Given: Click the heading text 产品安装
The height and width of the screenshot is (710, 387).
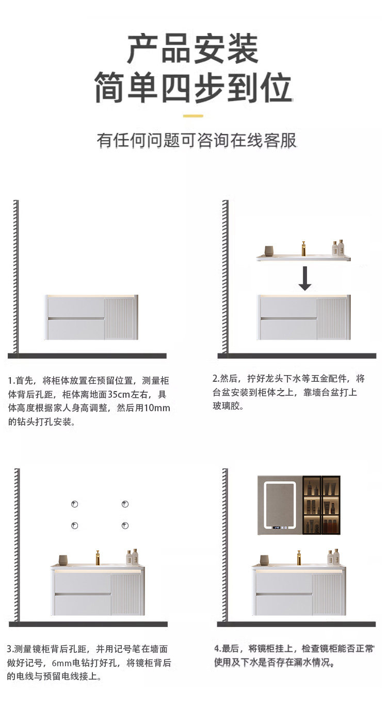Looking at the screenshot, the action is tap(193, 49).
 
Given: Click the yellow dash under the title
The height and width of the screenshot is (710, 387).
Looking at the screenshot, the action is tap(193, 116).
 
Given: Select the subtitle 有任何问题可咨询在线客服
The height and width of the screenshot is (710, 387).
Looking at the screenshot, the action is tap(197, 141).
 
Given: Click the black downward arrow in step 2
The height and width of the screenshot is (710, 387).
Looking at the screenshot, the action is tap(305, 278).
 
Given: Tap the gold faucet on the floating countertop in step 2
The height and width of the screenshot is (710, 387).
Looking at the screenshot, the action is tap(303, 248).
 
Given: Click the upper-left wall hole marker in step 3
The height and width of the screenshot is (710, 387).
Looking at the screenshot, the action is tap(75, 504).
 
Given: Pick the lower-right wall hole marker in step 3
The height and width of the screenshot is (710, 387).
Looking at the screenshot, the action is tap(125, 526).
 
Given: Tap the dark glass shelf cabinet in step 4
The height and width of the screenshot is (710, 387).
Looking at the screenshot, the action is tap(321, 505).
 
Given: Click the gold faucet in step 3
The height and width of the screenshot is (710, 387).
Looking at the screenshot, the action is tap(98, 557).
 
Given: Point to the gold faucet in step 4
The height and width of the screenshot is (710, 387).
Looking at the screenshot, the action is tap(299, 557).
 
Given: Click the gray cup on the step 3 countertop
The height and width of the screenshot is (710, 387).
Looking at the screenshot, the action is tap(63, 560).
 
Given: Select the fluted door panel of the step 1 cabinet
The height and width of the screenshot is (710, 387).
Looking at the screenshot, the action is tap(120, 318).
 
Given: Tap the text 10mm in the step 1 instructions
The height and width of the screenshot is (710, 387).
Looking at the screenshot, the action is tap(158, 409).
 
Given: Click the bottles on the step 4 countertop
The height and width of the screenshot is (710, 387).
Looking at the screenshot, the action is tap(333, 557).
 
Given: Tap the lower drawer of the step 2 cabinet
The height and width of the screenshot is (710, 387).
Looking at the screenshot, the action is tap(288, 329).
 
